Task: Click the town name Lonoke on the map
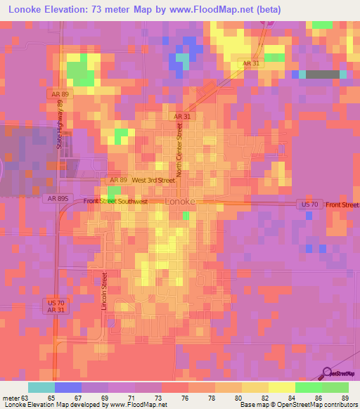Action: pyautogui.click(x=179, y=202)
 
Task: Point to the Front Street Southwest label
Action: pyautogui.click(x=115, y=202)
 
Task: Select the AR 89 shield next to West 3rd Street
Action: pyautogui.click(x=117, y=181)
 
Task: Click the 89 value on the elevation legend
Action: pyautogui.click(x=344, y=397)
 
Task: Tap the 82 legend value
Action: pyautogui.click(x=264, y=397)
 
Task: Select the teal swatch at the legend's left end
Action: pyautogui.click(x=41, y=387)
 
